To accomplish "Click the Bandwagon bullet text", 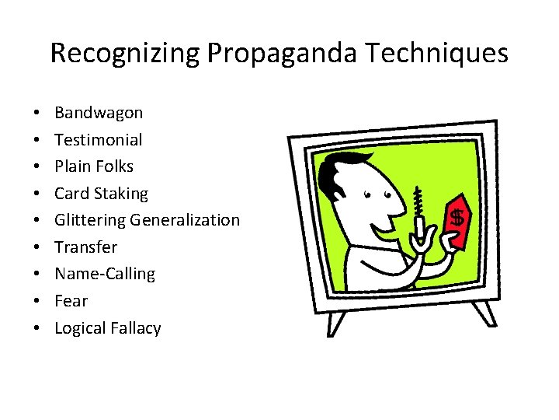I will pyautogui.click(x=99, y=113).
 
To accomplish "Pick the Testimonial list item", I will pyautogui.click(x=99, y=140).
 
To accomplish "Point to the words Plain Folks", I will pyautogui.click(x=94, y=166).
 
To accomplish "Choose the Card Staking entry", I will pyautogui.click(x=101, y=194).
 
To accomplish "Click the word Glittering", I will pyautogui.click(x=90, y=220).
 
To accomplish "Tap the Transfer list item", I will pyautogui.click(x=85, y=247).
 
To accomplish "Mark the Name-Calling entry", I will pyautogui.click(x=105, y=274).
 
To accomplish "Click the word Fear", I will pyautogui.click(x=71, y=301).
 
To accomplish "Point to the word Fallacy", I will pyautogui.click(x=136, y=328).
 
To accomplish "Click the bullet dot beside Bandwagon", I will pyautogui.click(x=38, y=114).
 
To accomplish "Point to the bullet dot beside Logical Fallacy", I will pyautogui.click(x=38, y=329).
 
